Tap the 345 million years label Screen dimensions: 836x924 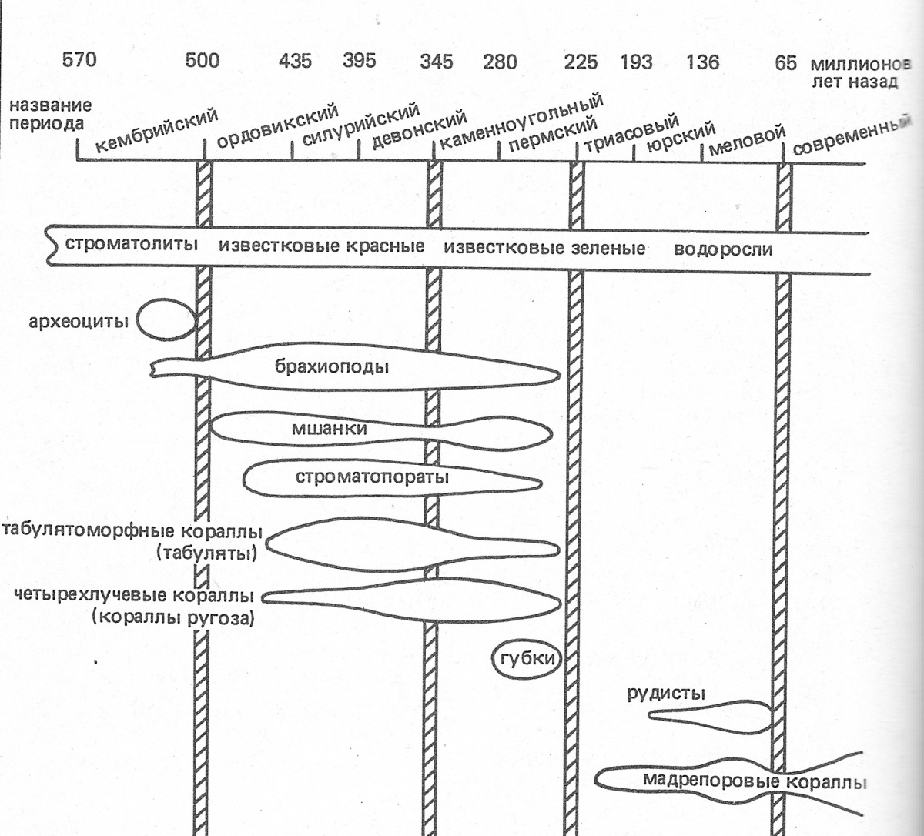436,61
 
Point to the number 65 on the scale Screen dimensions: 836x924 785,62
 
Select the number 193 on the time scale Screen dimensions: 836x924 636,62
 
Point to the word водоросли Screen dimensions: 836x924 722,249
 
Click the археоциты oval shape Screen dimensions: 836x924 168,319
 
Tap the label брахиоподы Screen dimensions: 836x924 331,366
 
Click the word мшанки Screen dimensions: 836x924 329,429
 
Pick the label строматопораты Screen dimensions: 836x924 372,477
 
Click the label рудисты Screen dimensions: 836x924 666,694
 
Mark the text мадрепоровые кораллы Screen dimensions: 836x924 755,782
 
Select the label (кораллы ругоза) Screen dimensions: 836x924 172,617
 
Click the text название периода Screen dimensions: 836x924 46,115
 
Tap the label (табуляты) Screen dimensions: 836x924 206,552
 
